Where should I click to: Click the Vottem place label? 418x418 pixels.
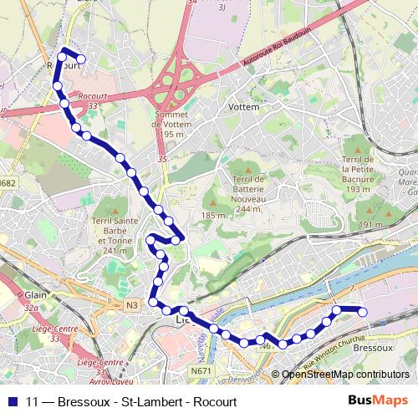pyautogui.click(x=243, y=108)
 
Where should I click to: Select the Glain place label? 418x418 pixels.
pyautogui.click(x=36, y=295)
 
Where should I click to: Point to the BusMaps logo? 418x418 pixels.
pyautogui.click(x=379, y=400)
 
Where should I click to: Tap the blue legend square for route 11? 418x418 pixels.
pyautogui.click(x=11, y=401)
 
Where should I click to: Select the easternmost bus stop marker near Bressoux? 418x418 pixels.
pyautogui.click(x=364, y=312)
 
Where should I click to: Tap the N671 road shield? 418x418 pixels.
pyautogui.click(x=201, y=370)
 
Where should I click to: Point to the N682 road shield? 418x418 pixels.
pyautogui.click(x=8, y=183)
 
